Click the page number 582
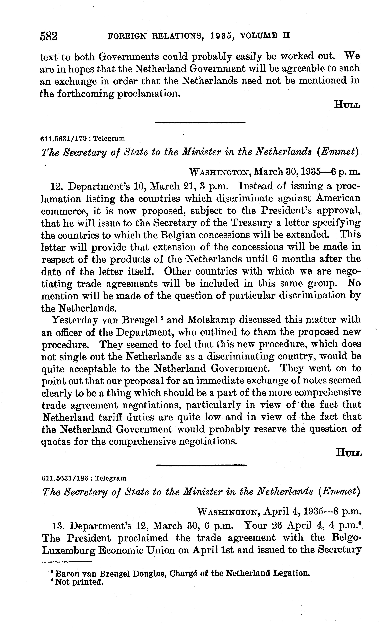pyautogui.click(x=49, y=36)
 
